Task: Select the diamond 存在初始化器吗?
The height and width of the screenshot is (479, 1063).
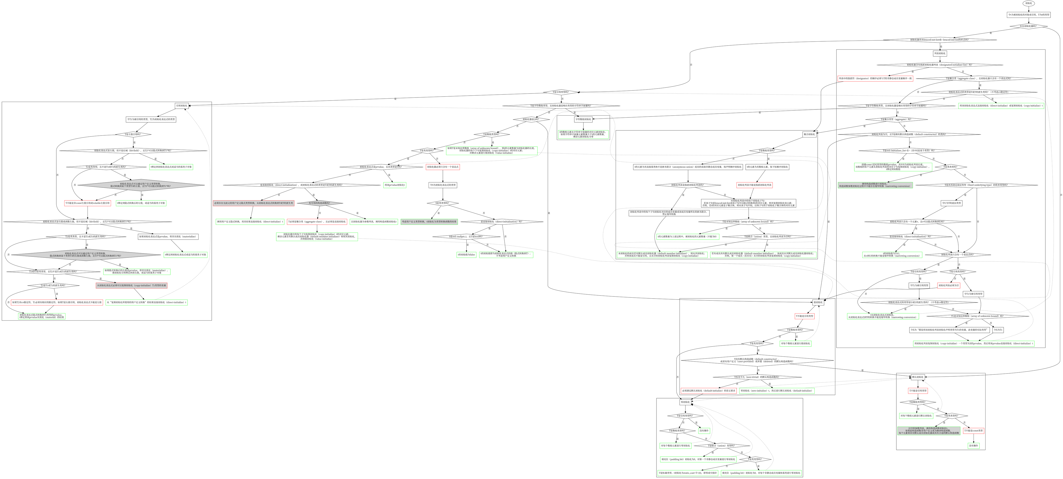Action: [1029, 26]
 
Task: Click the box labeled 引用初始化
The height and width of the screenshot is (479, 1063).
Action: [182, 106]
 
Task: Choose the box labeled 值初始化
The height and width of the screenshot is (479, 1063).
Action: [818, 302]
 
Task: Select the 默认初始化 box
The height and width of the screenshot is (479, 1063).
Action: [918, 377]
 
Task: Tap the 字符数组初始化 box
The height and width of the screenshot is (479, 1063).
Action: [583, 119]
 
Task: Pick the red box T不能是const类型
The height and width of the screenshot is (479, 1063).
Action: [973, 431]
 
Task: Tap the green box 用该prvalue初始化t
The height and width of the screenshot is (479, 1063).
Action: [395, 185]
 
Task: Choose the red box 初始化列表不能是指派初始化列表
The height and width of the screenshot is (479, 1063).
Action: [754, 185]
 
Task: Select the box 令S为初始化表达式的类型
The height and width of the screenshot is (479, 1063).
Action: [443, 185]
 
